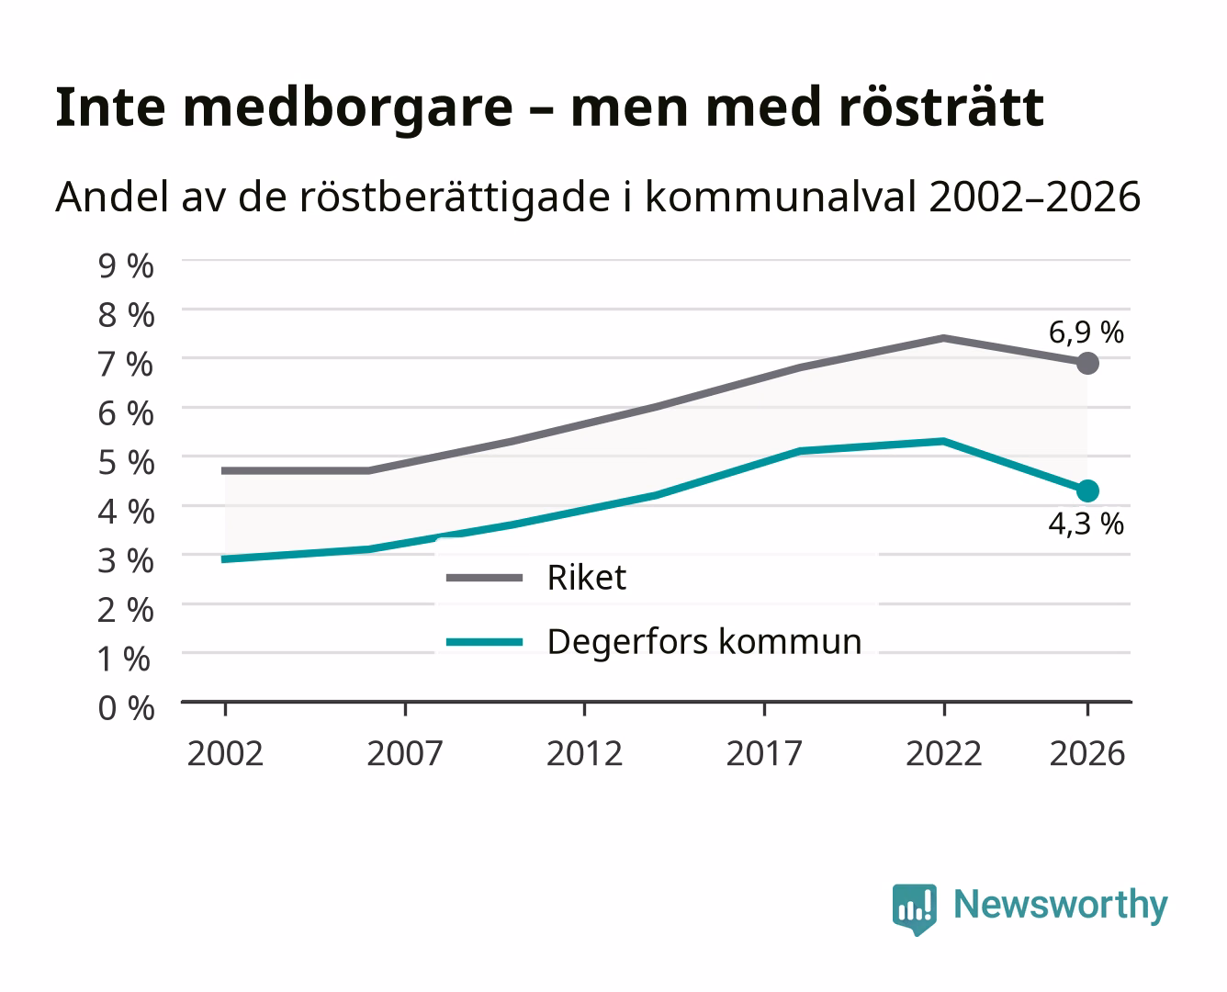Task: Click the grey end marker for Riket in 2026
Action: click(1087, 364)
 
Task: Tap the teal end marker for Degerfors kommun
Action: click(1087, 490)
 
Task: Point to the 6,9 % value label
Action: click(1086, 333)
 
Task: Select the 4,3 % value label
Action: click(1086, 524)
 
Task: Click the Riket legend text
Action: click(587, 577)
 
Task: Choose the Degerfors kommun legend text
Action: click(704, 642)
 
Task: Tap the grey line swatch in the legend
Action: click(485, 578)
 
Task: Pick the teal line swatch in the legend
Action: click(485, 642)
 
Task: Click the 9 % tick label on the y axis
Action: click(126, 266)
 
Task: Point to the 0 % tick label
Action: click(126, 708)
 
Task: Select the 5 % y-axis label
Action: click(126, 463)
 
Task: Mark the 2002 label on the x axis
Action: click(225, 753)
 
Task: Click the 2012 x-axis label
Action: click(585, 753)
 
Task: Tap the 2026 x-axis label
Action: click(1087, 753)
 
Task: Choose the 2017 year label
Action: click(764, 753)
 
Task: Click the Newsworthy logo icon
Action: click(914, 909)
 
